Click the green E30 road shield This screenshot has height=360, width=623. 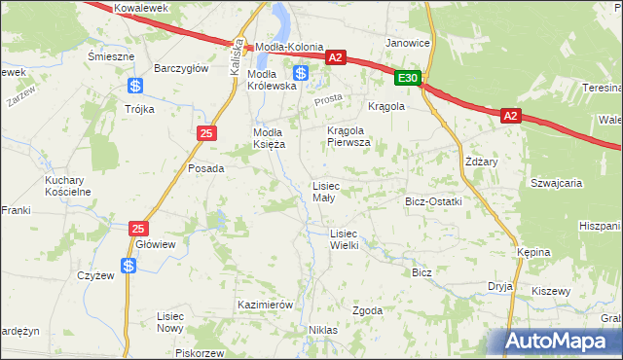[409, 78]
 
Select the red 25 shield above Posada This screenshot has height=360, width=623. [205, 133]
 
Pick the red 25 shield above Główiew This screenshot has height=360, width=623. [139, 228]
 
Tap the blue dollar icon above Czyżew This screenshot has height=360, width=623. [128, 265]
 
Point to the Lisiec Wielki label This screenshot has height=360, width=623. [345, 239]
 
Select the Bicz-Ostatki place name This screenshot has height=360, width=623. [432, 201]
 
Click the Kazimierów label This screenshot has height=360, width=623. [265, 305]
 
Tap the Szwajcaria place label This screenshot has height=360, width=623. [556, 182]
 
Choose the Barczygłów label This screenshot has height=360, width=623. [182, 68]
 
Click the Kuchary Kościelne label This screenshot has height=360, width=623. [67, 186]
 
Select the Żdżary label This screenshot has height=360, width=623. [482, 161]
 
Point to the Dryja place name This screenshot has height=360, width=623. [500, 287]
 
